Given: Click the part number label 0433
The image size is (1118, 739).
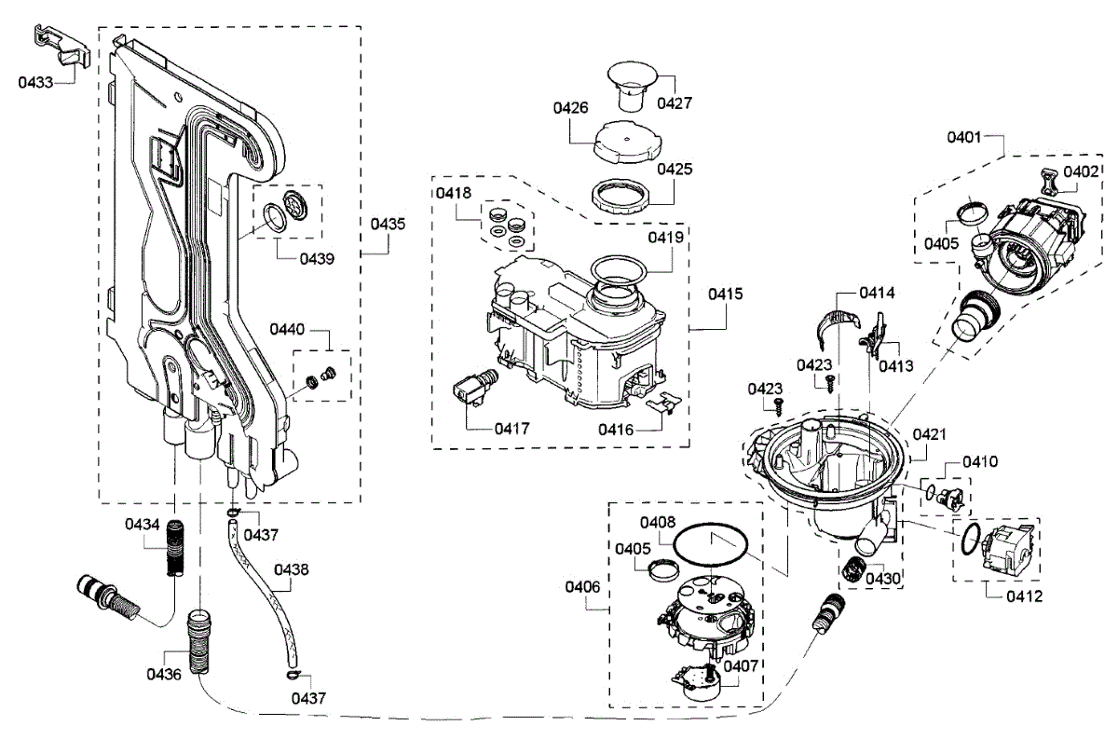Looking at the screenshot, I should (36, 82).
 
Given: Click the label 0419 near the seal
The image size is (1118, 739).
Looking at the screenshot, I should (666, 238).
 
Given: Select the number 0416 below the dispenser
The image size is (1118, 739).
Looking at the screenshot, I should (616, 430).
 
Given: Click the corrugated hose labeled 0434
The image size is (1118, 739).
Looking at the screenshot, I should (177, 550).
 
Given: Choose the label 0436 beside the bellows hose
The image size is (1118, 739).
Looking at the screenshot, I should (164, 673).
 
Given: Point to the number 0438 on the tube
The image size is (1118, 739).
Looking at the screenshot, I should (292, 568).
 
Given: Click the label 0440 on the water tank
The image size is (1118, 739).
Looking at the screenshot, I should (287, 329).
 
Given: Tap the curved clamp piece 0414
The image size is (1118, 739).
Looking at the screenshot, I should (836, 322).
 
